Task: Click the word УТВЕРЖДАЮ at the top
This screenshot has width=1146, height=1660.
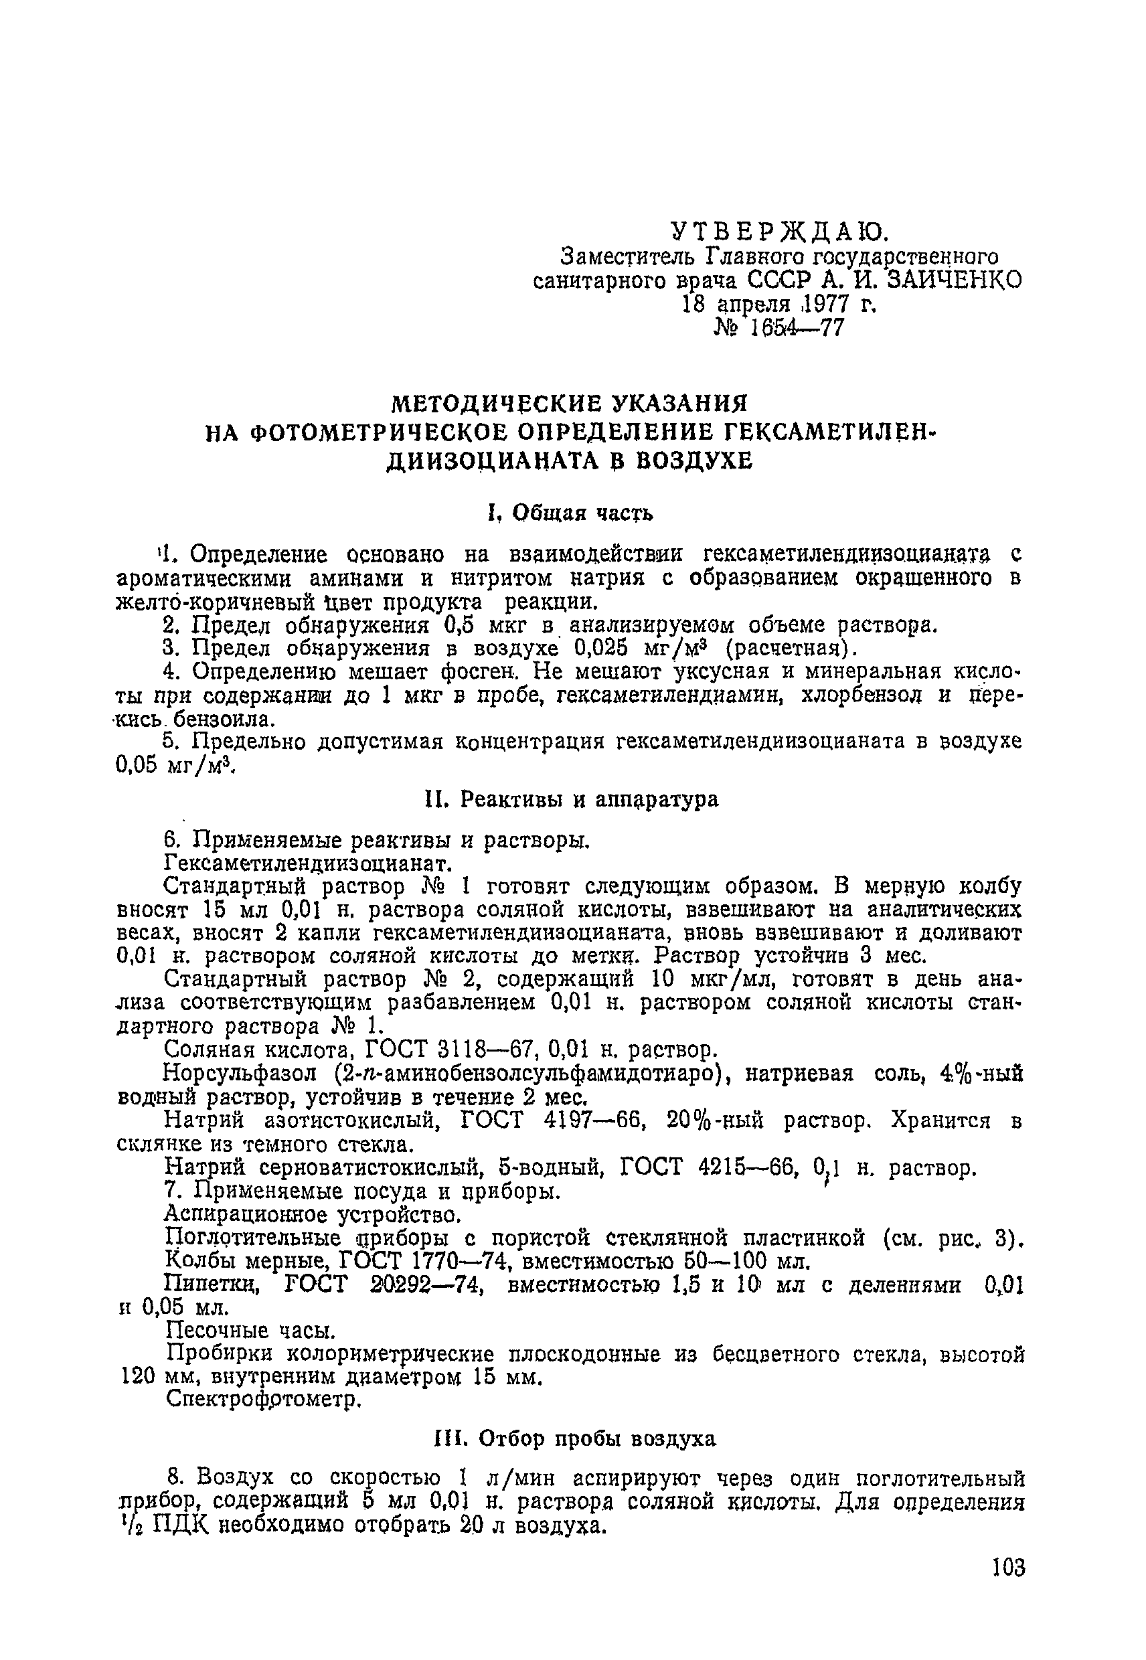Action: tap(780, 230)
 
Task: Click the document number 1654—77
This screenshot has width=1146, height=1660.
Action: tap(798, 328)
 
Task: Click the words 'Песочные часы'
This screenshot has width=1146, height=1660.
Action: tap(250, 1331)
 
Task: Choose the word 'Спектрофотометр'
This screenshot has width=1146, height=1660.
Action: tap(261, 1400)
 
